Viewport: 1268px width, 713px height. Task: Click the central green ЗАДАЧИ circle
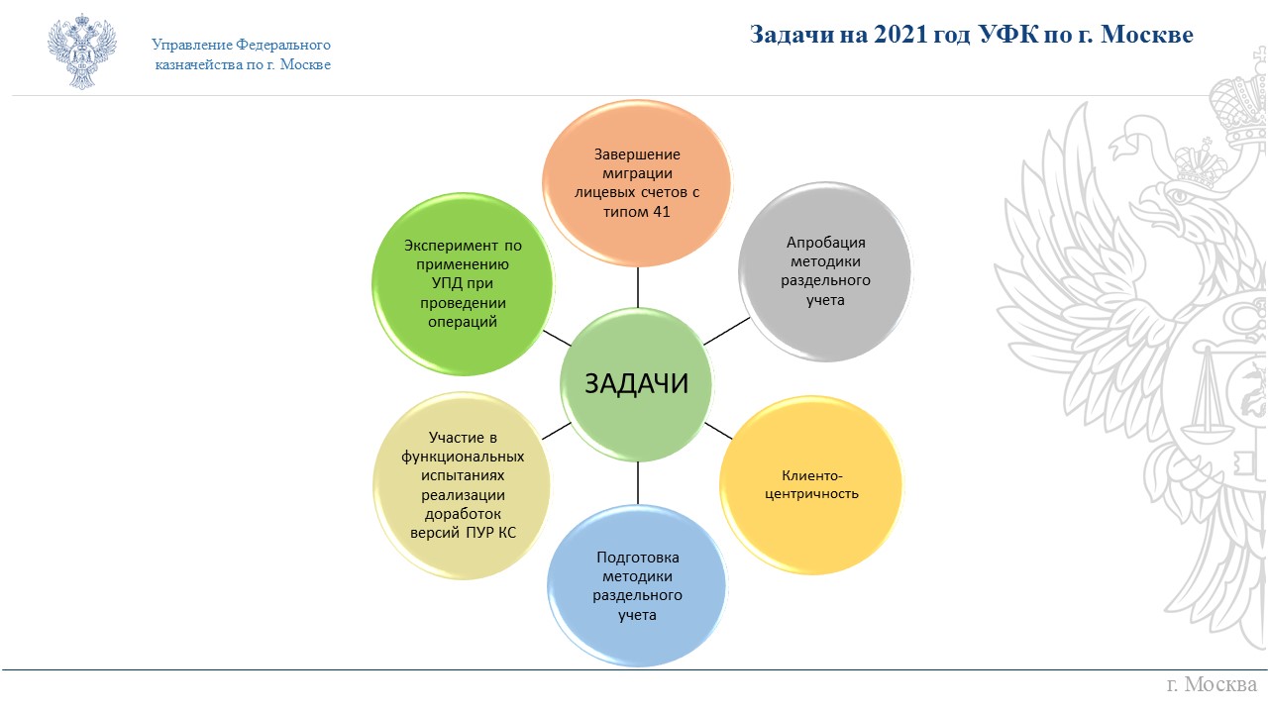[x=636, y=384]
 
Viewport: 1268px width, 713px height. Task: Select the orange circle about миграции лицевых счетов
[x=637, y=183]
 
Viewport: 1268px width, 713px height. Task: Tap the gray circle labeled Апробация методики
[x=825, y=271]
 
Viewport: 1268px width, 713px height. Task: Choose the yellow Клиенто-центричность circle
[x=811, y=485]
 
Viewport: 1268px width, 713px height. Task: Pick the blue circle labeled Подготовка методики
[x=637, y=585]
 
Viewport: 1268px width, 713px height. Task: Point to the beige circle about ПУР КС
[x=462, y=485]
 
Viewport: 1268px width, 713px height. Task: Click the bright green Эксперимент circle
[x=463, y=283]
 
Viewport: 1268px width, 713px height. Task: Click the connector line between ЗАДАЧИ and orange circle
[x=638, y=287]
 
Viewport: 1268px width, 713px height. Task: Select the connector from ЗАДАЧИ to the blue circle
[x=638, y=482]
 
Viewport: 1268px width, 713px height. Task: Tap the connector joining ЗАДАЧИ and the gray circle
[x=727, y=331]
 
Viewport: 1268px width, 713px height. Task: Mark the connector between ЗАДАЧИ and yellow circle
[x=718, y=431]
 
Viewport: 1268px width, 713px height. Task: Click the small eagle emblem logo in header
[x=82, y=51]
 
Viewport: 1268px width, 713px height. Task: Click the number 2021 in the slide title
[x=900, y=35]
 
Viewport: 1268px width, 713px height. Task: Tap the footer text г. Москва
[x=1212, y=684]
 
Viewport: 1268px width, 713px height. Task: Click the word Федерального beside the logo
[x=283, y=45]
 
